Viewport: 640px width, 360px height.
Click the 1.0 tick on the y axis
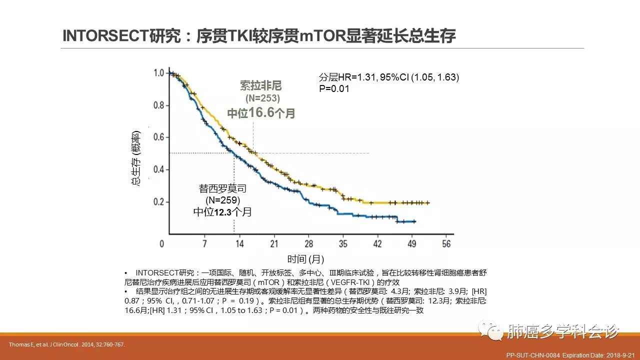158,73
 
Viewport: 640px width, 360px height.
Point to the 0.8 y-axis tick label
158,105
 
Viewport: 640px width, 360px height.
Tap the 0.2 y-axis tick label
158,202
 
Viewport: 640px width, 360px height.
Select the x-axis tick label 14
239,243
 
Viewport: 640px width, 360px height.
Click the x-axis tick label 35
343,243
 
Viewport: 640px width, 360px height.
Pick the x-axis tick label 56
446,243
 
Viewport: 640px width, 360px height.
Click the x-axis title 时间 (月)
305,259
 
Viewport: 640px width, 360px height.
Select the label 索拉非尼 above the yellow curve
261,85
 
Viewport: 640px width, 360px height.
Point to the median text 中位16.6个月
261,113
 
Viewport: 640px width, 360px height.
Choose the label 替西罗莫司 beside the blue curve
222,189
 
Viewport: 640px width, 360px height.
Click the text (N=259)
223,200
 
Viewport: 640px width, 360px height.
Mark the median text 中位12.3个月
222,212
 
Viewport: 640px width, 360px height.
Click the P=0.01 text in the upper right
334,88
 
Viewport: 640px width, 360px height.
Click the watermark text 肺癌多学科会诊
563,330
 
